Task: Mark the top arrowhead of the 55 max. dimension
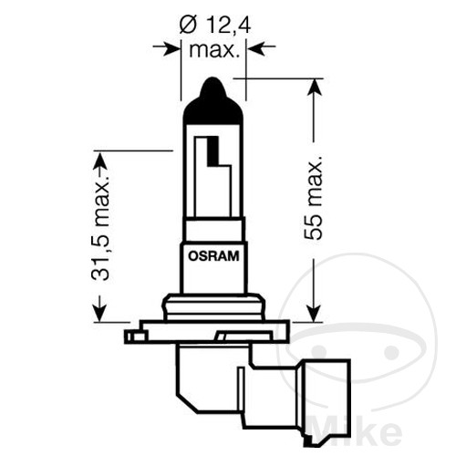(x=314, y=88)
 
